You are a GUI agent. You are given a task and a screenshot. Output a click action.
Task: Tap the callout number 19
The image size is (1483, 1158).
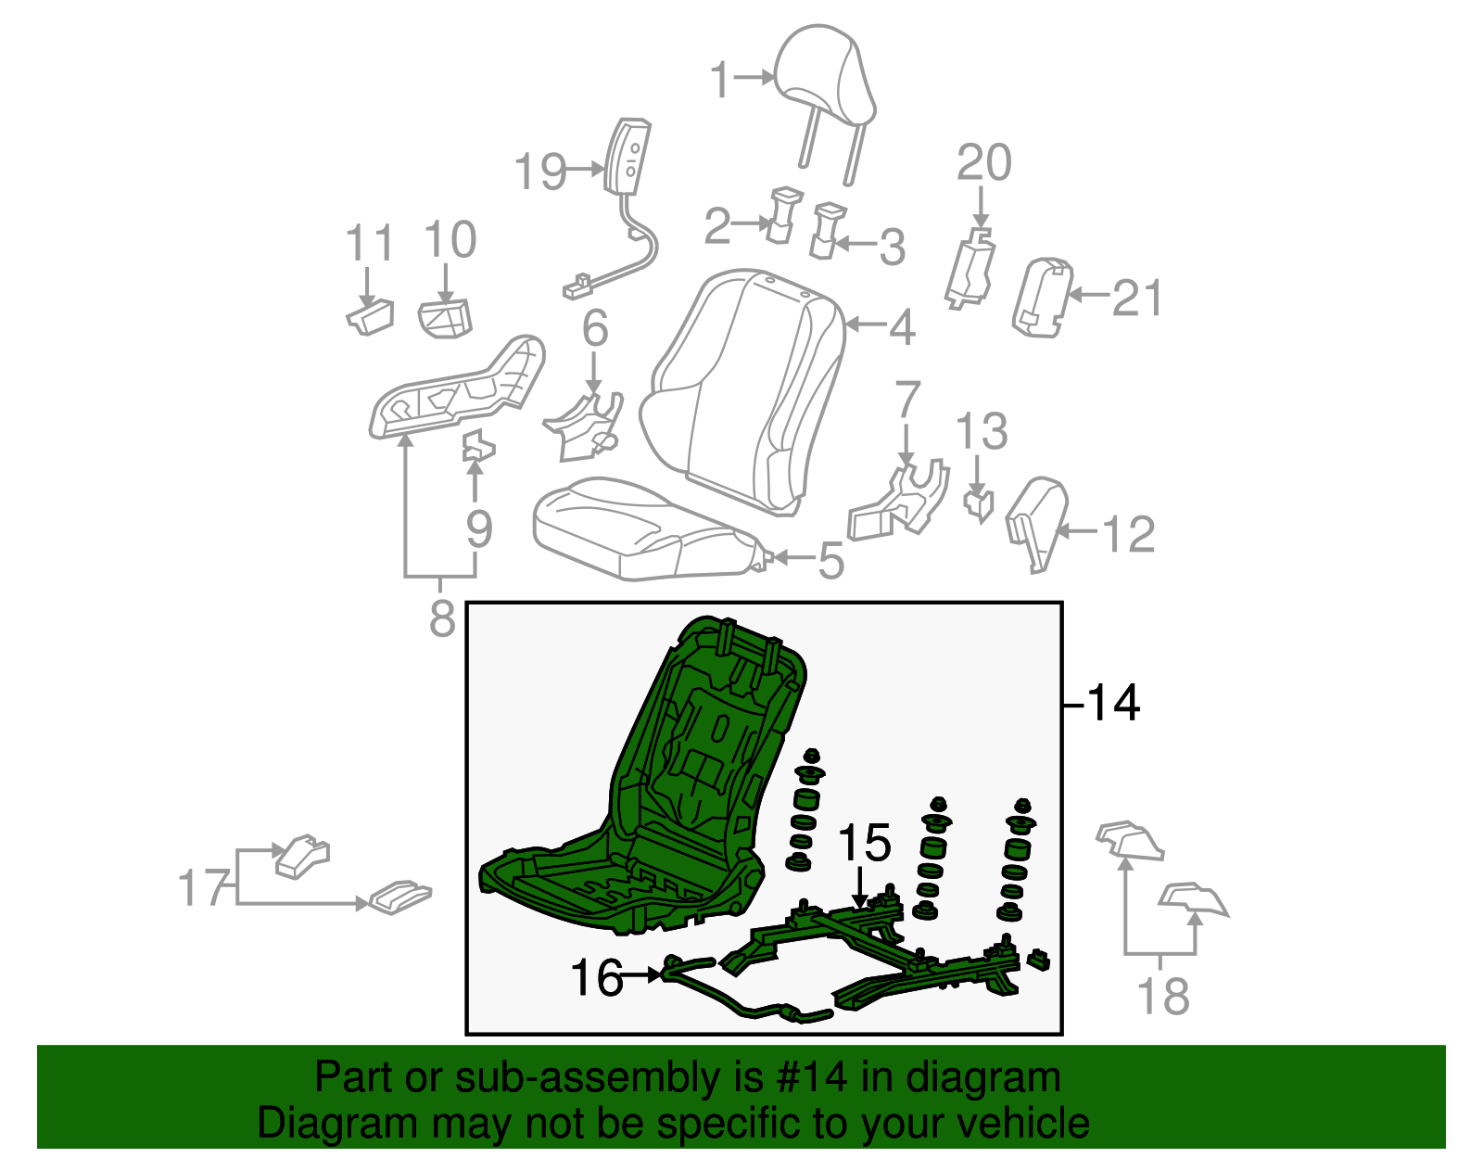pos(540,172)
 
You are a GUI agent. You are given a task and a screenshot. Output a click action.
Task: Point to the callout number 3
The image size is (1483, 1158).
pos(892,247)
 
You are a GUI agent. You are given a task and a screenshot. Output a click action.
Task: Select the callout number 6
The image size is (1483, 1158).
pos(594,328)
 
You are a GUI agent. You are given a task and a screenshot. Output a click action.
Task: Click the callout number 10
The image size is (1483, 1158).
pos(450,240)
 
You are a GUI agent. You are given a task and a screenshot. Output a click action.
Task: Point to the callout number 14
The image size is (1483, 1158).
pos(1112,704)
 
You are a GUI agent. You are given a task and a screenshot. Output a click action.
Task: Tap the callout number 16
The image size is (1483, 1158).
pos(596,977)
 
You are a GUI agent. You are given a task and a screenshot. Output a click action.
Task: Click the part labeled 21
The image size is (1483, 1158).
pos(1042,298)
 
